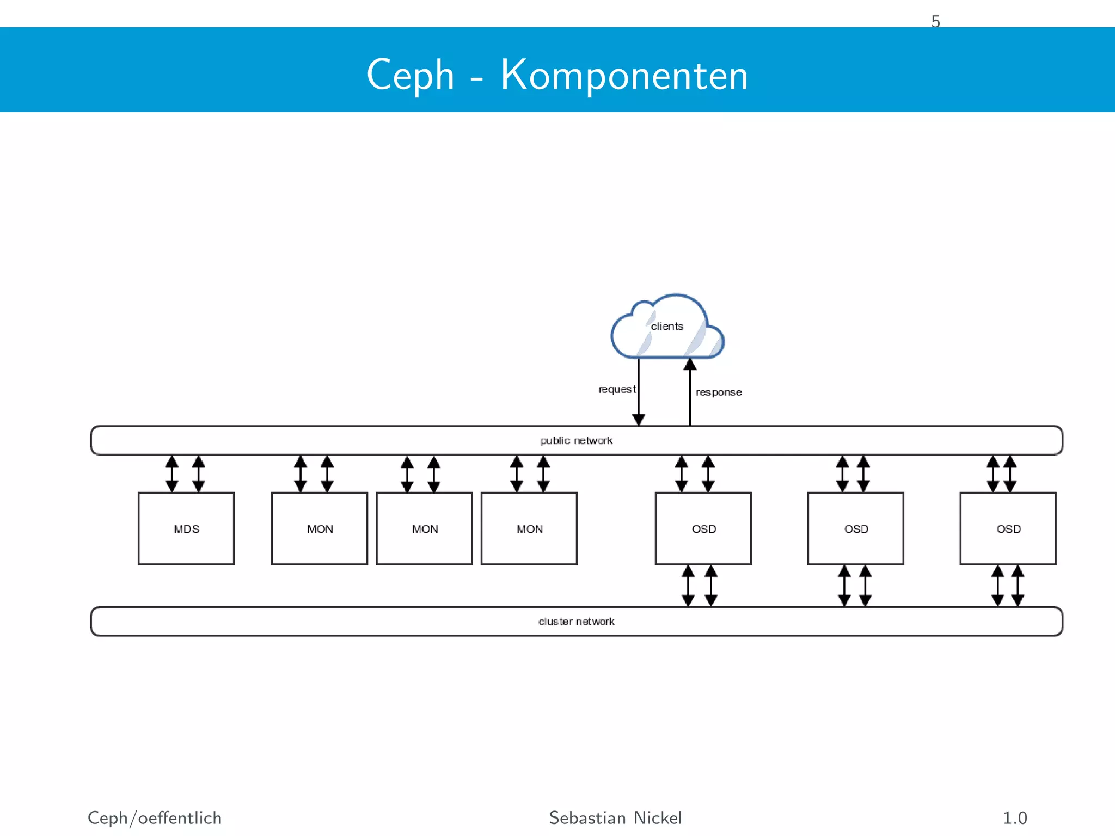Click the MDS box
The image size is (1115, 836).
coord(186,528)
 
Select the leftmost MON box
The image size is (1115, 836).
coord(320,528)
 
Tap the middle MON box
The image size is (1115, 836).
coord(424,528)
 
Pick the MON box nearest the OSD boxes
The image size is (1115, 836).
coord(529,528)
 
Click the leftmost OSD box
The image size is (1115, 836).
coord(703,528)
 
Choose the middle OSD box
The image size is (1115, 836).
coord(856,528)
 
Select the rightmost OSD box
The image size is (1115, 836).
coord(1008,528)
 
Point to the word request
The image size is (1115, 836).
coord(616,389)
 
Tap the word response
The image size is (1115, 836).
coord(719,392)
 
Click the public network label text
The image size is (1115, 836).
coord(577,440)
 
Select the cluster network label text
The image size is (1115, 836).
coord(577,622)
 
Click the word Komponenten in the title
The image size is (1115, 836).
coord(624,75)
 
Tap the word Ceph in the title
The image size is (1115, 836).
coord(411,75)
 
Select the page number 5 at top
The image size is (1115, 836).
coord(935,21)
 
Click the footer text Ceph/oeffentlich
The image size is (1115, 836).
coord(155,818)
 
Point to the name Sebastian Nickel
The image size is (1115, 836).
coord(615,818)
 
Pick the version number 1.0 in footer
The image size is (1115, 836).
coord(1015,818)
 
